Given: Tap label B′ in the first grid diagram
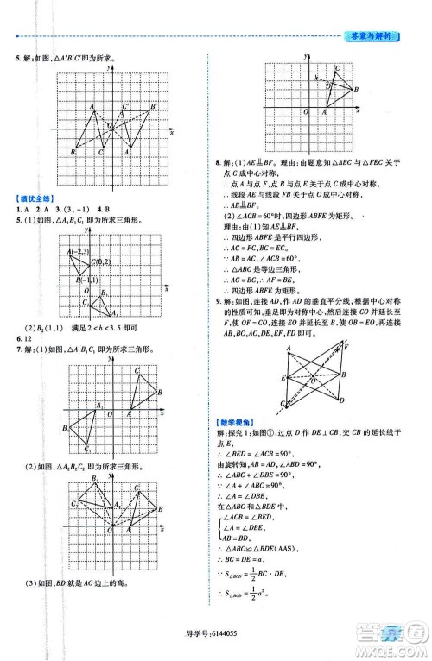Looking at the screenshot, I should (153, 106).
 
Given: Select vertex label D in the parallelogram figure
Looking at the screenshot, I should (344, 402).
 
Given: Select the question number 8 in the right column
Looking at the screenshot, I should (217, 161).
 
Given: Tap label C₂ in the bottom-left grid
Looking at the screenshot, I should (75, 504).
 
